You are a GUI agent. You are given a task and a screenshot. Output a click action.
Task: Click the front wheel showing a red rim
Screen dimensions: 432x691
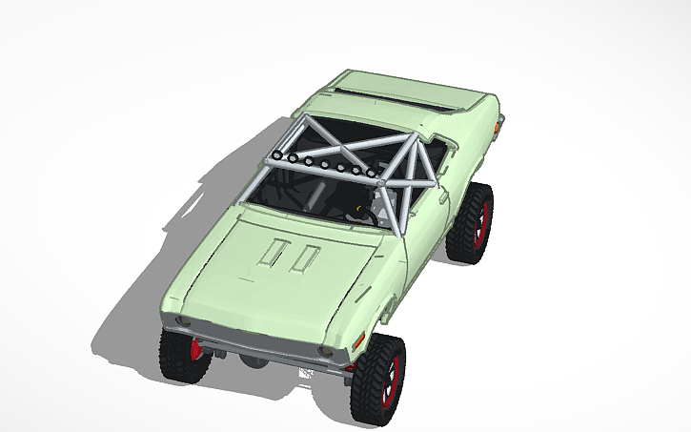[x=378, y=378]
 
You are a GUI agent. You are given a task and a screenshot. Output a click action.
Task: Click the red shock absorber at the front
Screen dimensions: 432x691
[x=196, y=348]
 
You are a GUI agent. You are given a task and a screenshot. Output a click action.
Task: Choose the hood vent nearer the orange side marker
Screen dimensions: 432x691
[x=306, y=256]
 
